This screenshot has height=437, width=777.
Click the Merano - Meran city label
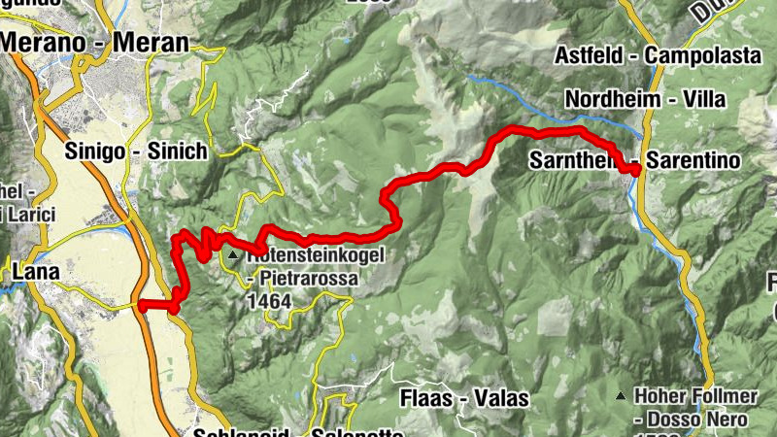(x=94, y=42)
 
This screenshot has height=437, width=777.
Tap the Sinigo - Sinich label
(x=136, y=151)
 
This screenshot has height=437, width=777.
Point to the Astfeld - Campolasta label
(x=658, y=56)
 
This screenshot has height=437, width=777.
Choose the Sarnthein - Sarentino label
(x=635, y=160)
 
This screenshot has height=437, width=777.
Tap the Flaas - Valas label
(x=464, y=398)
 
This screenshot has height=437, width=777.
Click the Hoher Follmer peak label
(x=691, y=396)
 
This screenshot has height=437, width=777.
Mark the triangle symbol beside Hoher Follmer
(x=621, y=396)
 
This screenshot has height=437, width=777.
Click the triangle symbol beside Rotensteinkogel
(x=234, y=255)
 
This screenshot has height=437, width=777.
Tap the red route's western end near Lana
(x=142, y=306)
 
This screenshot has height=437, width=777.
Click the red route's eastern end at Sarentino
(x=635, y=171)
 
